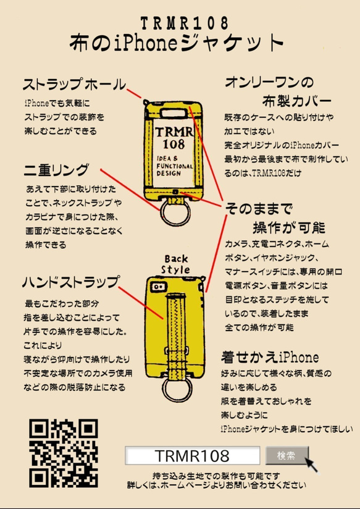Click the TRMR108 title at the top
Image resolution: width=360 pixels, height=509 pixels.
tap(179, 23)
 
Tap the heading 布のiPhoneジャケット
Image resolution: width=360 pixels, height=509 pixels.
tap(179, 44)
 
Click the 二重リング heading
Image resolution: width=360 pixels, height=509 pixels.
tap(57, 169)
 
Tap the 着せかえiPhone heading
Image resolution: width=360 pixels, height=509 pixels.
tap(270, 357)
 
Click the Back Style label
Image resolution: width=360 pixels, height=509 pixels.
tap(176, 264)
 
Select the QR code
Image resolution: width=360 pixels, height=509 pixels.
tap(64, 453)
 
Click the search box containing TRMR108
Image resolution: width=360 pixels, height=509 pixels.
tap(191, 456)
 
